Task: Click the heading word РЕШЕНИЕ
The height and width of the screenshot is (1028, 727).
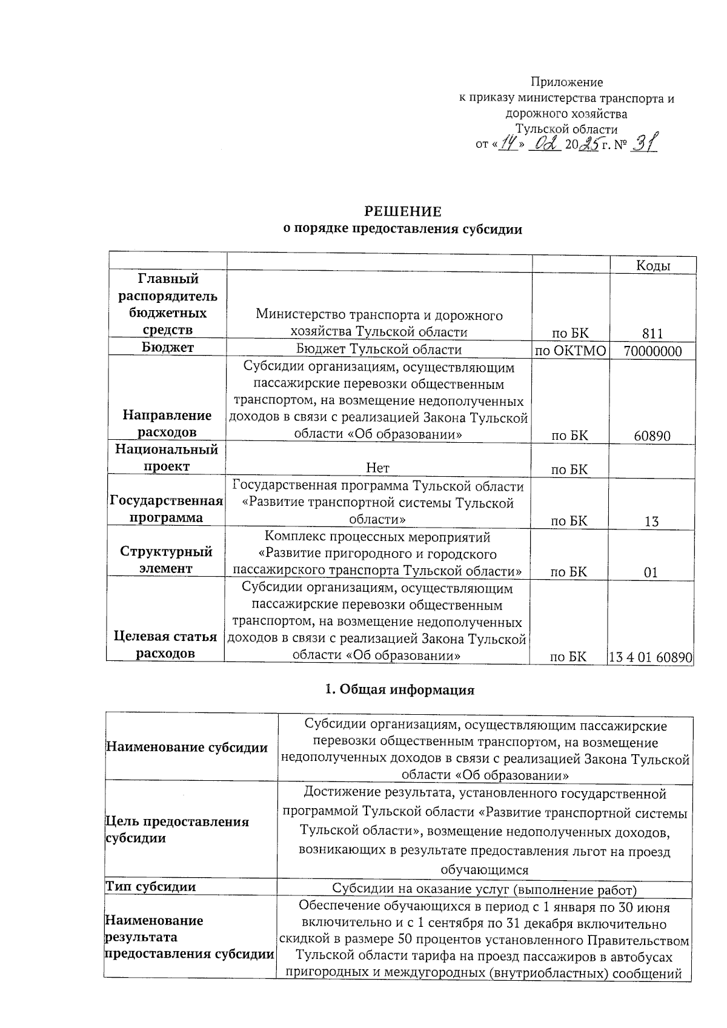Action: [402, 212]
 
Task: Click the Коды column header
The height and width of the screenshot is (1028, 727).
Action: [652, 265]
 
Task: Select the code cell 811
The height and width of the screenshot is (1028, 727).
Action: [652, 333]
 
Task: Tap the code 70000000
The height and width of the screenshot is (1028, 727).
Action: [652, 351]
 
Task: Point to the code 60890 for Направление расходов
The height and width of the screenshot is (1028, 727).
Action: [652, 436]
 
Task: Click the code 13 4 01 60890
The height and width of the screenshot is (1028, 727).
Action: [651, 657]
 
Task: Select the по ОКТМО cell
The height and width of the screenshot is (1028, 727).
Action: [570, 351]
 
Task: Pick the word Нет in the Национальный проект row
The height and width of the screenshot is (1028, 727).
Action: [378, 468]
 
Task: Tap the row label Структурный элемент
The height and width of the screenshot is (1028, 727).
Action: [167, 560]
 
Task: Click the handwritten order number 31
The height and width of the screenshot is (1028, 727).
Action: [645, 144]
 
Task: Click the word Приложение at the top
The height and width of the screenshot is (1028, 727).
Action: [566, 82]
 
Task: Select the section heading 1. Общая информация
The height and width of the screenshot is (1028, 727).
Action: [400, 690]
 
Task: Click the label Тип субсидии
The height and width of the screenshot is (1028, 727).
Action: [151, 887]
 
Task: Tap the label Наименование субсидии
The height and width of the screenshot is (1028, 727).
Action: [187, 748]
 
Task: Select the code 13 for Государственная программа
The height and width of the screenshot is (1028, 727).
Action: [651, 521]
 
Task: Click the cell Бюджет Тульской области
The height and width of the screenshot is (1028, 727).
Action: [379, 350]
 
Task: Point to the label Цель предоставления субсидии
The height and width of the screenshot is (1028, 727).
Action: [178, 830]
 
